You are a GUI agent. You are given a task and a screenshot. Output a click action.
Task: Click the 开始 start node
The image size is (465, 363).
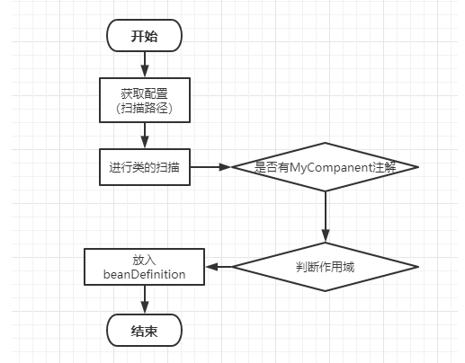pyautogui.click(x=144, y=37)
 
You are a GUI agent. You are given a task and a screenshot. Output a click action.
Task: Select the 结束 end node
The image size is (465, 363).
pyautogui.click(x=144, y=331)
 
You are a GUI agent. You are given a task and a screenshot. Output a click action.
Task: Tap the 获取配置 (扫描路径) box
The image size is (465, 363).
pyautogui.click(x=144, y=99)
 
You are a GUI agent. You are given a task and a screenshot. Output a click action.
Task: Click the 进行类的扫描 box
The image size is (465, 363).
pyautogui.click(x=144, y=167)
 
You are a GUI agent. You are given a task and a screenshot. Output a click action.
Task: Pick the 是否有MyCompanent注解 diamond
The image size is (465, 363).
pyautogui.click(x=325, y=167)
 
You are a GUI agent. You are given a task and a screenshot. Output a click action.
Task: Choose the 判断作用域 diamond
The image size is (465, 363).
pyautogui.click(x=325, y=266)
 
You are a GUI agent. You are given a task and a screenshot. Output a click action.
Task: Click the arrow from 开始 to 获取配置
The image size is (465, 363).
pyautogui.click(x=144, y=64)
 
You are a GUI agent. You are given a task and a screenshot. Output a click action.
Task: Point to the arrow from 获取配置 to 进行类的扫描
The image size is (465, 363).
pyautogui.click(x=144, y=134)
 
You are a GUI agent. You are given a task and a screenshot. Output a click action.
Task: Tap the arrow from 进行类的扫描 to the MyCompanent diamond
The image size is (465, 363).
pyautogui.click(x=210, y=167)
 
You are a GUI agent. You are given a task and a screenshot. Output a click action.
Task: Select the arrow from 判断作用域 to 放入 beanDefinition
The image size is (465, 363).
pyautogui.click(x=219, y=266)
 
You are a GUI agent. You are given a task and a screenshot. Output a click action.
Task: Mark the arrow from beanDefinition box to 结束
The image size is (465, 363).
pyautogui.click(x=144, y=299)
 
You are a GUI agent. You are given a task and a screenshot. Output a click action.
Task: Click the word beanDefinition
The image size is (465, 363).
pyautogui.click(x=146, y=274)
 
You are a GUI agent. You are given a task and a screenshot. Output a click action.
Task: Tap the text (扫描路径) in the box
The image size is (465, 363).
pyautogui.click(x=144, y=107)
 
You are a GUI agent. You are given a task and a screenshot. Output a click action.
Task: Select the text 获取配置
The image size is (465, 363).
pyautogui.click(x=144, y=92)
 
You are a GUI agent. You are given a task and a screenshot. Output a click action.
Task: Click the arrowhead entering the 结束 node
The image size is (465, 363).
pyautogui.click(x=144, y=310)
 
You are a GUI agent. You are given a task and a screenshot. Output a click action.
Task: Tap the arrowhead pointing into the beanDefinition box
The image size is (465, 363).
pyautogui.click(x=212, y=266)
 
